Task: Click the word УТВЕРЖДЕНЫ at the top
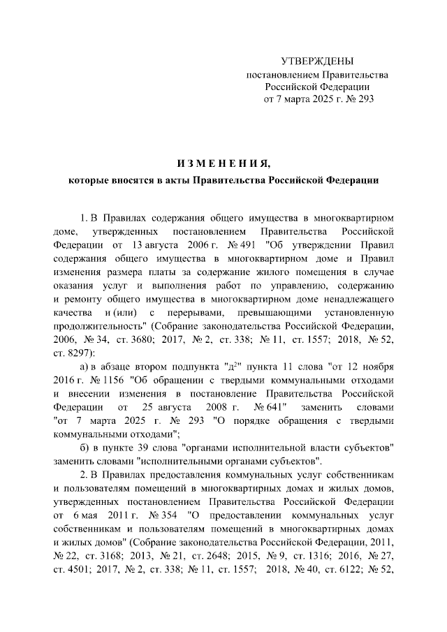(x=317, y=61)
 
